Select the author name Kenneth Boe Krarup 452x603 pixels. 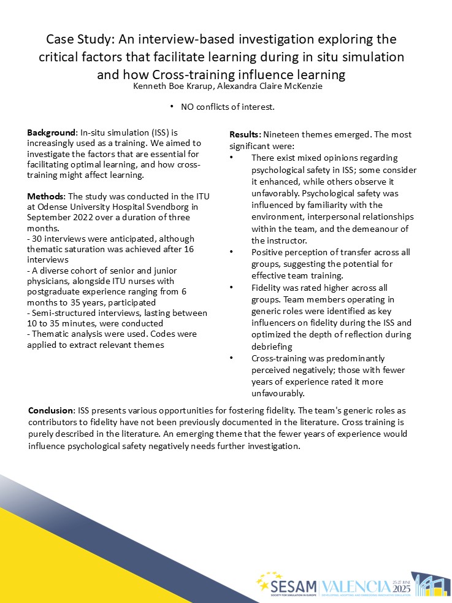coord(172,86)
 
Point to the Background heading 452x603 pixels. coord(52,133)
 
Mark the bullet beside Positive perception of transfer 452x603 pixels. coord(231,253)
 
